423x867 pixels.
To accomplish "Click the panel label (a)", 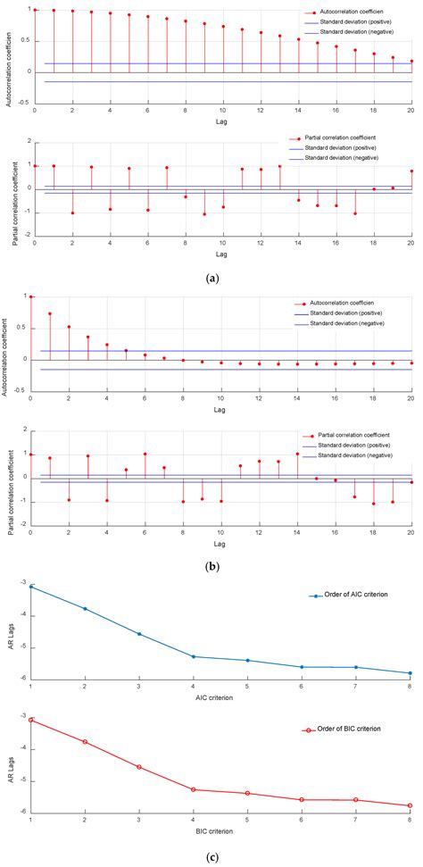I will pos(211,279).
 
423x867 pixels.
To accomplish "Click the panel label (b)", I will pos(211,564).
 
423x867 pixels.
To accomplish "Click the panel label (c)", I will pos(211,858).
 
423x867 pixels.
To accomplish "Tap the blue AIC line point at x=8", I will pos(411,673).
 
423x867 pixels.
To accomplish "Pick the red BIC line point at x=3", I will pos(139,767).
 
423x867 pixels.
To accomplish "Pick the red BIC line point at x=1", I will pos(31,720).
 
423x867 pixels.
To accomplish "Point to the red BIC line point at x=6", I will pos(303,800).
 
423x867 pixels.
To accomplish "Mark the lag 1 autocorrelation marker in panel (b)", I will pos(50,313).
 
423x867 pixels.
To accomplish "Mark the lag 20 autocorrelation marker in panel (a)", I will pos(411,62).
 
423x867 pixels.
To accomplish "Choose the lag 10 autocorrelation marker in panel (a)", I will pos(223,27).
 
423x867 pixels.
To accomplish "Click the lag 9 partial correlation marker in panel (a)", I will pos(204,214).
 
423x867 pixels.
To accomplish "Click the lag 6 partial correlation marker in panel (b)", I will pos(145,429).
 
